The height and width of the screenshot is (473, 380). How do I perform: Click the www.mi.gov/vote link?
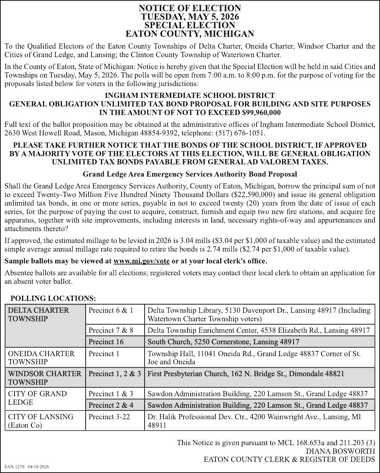142,261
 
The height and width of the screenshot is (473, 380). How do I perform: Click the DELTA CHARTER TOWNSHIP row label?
39,314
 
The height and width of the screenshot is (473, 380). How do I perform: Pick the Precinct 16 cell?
106,342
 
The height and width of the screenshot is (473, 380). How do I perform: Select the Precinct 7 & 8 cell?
111,330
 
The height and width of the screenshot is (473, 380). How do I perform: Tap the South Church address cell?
223,342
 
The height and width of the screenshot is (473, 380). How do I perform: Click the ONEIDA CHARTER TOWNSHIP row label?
41,357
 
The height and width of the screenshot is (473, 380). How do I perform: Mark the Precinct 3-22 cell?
109,417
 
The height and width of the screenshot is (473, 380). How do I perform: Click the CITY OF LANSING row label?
41,421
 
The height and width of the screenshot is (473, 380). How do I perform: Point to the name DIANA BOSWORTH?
340,451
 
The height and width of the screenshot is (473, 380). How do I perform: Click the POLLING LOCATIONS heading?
53,298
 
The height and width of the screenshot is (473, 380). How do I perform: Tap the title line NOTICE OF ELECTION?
190,8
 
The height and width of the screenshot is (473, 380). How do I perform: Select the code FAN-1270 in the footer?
14,467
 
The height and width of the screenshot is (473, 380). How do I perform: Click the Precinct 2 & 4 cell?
111,405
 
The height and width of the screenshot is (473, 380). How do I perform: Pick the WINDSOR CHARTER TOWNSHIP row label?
44,378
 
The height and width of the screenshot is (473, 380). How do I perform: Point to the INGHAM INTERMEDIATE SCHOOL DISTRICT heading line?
190,96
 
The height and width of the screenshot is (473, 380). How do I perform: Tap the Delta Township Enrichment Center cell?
258,330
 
